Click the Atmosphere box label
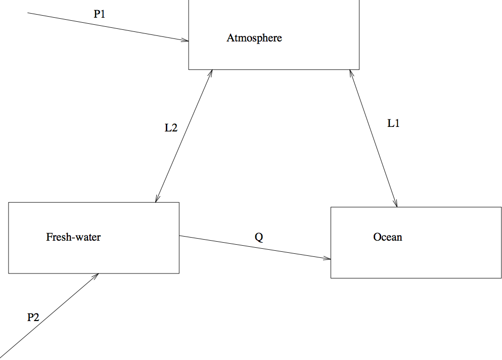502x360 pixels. [x=254, y=38]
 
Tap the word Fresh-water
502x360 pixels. [x=73, y=237]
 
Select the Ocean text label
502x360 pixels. [x=388, y=237]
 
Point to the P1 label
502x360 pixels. [x=100, y=14]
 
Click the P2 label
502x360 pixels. [x=33, y=317]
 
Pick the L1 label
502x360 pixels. [x=393, y=123]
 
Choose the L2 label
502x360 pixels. [x=171, y=127]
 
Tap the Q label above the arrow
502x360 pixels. [x=259, y=237]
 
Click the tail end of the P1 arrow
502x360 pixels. [x=28, y=12]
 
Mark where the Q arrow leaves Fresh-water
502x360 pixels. [x=179, y=236]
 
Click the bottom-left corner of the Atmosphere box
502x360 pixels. [x=189, y=69]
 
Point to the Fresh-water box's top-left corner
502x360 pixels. [x=9, y=203]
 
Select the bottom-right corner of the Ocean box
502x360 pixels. [x=501, y=278]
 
